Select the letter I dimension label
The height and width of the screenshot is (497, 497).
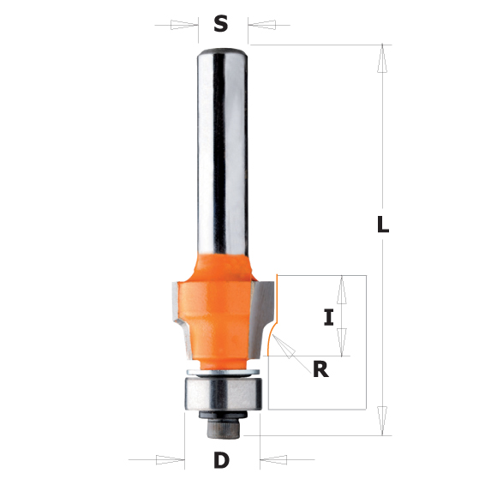327,318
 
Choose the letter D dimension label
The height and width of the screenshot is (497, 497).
222,461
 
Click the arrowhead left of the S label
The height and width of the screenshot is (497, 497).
183,25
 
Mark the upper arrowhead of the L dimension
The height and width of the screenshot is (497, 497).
383,61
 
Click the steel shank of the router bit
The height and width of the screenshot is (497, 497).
220,146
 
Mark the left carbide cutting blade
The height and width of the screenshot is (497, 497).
182,308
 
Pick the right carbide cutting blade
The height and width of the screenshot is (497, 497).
262,308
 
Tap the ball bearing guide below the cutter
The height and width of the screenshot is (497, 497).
220,393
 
